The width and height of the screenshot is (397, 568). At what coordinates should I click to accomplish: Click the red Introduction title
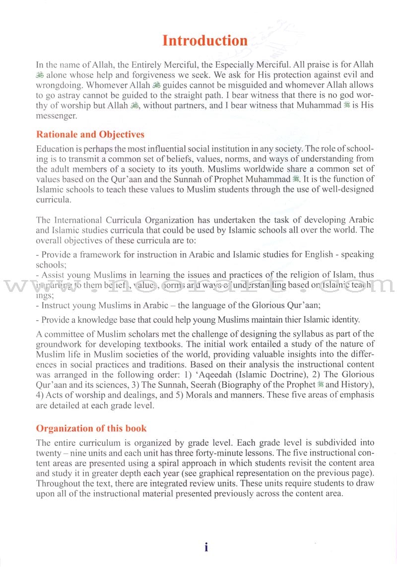205,40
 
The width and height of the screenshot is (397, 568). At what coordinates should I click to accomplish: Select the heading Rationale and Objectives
90,135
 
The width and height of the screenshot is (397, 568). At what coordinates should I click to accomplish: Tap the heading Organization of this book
91,428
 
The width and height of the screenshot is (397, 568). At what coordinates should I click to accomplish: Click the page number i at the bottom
206,547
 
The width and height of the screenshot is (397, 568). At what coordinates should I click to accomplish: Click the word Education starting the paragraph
56,149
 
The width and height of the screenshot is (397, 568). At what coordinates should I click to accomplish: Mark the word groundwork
60,344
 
